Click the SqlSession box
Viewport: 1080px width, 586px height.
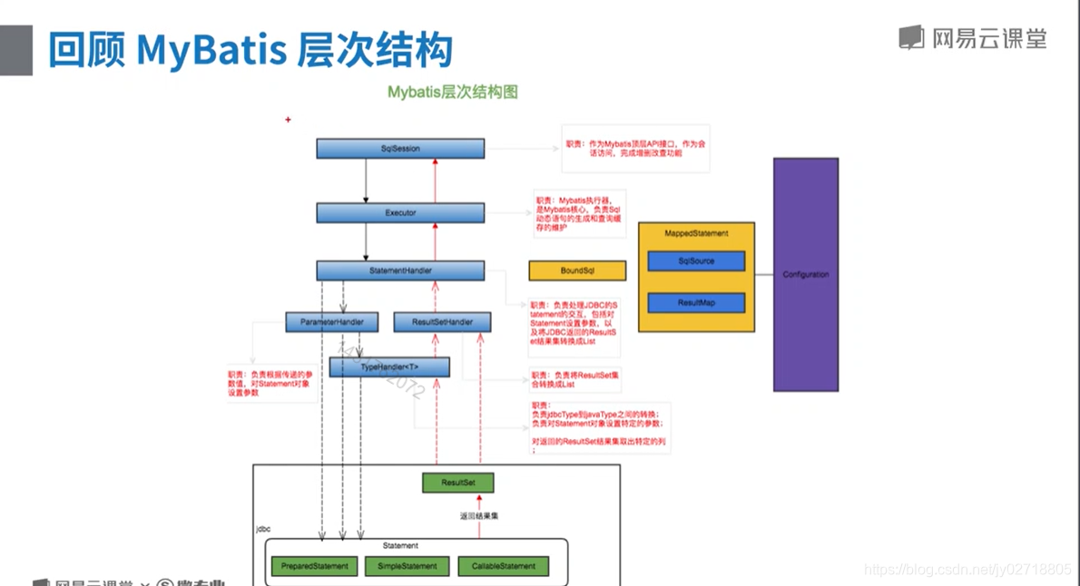(400, 149)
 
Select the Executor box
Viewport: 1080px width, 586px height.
(400, 213)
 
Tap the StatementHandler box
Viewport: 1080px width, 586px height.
(400, 270)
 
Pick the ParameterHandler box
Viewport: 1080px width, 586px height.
(332, 322)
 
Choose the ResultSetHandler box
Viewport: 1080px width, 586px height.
(442, 322)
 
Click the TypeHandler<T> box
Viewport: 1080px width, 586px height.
(389, 366)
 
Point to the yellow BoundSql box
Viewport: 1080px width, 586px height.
(577, 270)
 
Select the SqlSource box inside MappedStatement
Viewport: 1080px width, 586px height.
(696, 261)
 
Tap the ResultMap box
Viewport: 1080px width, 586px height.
(696, 303)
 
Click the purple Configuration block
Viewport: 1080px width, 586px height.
(805, 274)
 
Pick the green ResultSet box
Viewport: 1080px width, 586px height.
(457, 483)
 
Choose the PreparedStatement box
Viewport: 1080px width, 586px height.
(315, 566)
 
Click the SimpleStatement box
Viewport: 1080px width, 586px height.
(407, 566)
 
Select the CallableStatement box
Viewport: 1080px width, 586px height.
(504, 566)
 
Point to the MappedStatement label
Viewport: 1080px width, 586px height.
(696, 233)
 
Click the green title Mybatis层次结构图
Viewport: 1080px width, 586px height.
(453, 93)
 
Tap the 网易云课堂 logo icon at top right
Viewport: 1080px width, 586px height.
(910, 38)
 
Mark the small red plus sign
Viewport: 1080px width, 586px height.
(288, 120)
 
